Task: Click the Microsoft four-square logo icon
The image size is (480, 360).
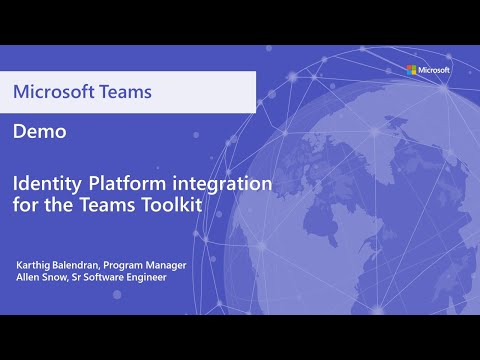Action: [x=410, y=70]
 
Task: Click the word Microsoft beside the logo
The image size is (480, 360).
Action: [x=434, y=70]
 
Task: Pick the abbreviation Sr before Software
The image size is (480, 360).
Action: [x=82, y=276]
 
